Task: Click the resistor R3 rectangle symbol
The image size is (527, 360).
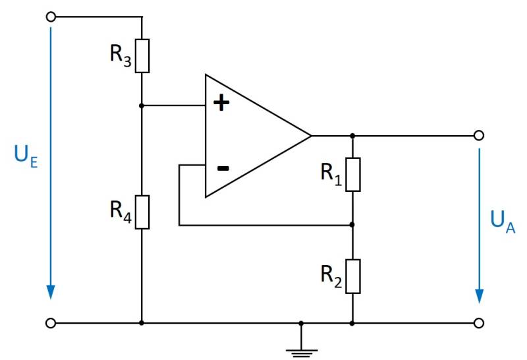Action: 142,55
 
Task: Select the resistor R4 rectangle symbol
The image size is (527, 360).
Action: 142,212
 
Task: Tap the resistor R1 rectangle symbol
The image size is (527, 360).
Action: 353,174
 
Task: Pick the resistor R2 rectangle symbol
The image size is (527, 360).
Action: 353,276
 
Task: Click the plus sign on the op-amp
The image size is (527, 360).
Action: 223,104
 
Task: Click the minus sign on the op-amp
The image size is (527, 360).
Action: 223,168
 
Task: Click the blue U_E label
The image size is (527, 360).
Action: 23,156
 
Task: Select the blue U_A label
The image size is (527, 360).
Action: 503,226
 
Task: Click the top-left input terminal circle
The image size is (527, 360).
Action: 50,16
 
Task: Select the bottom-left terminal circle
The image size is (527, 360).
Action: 50,323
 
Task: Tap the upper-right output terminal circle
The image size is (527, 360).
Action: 479,135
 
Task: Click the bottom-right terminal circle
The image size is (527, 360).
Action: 479,323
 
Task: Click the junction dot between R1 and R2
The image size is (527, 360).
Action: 353,225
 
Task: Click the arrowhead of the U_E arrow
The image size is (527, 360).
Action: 50,292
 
